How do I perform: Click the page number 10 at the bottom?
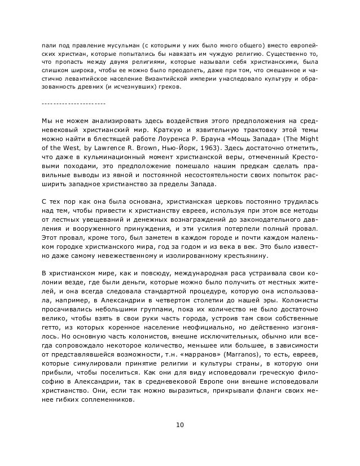coord(180,424)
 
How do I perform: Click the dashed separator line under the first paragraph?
coord(73,104)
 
